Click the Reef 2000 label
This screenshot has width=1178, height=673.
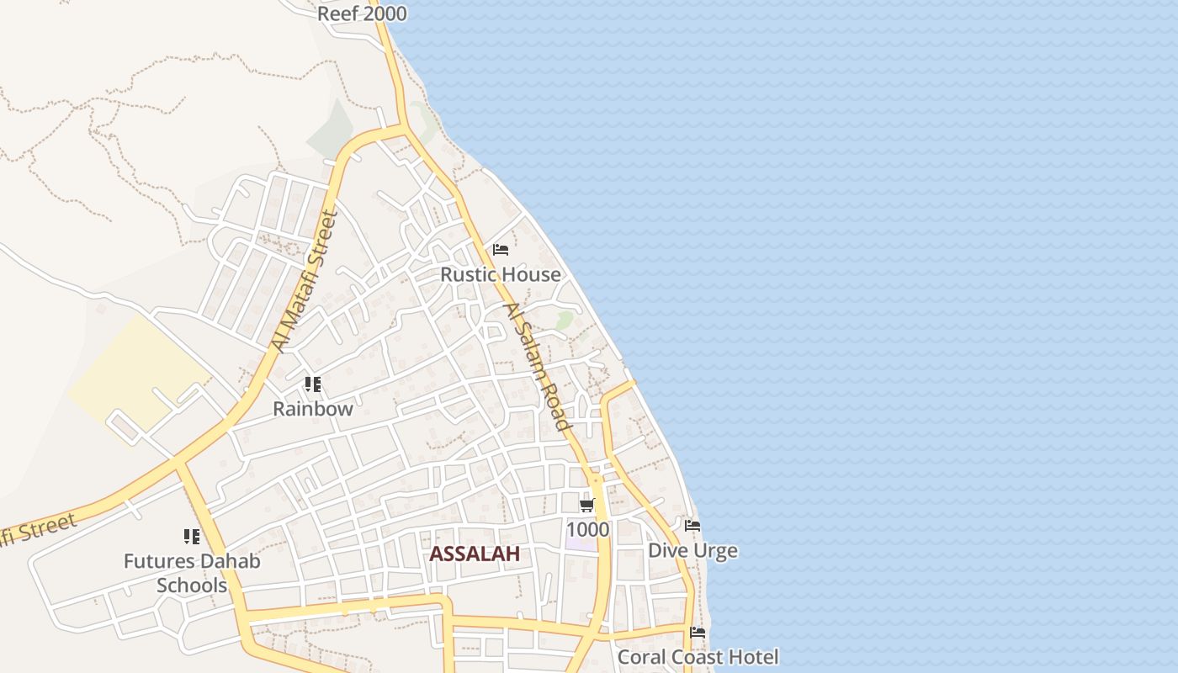coord(362,13)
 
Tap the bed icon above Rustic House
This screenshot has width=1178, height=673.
coord(501,250)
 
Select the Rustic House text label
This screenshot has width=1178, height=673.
coord(501,274)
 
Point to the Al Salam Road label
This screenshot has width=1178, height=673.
coord(533,367)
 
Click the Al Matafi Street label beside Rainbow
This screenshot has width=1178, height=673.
coord(305,281)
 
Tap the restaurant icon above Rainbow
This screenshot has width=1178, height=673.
coord(313,384)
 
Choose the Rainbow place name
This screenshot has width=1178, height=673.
coord(313,409)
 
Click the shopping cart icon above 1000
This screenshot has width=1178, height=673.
coord(587,505)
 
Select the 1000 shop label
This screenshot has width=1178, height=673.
coord(587,529)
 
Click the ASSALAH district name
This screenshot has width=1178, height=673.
coord(475,554)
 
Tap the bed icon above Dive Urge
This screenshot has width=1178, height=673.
coord(692,526)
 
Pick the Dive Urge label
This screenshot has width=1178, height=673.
coord(692,550)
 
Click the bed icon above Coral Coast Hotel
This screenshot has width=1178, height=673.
coord(698,633)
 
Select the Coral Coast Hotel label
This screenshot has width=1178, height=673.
coord(698,656)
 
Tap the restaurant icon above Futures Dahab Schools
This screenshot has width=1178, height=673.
coord(192,536)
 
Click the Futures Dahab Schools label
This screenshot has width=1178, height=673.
coord(192,573)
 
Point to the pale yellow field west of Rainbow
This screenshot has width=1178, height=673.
coord(135,370)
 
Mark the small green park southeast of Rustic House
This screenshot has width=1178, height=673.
coord(565,320)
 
